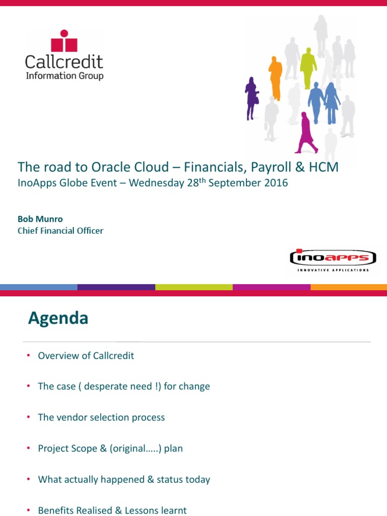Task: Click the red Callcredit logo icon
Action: (x=64, y=41)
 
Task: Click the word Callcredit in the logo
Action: (x=64, y=62)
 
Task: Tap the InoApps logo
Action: (x=333, y=259)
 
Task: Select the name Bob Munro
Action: (x=40, y=219)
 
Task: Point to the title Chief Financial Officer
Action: (x=60, y=231)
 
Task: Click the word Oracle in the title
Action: (x=110, y=167)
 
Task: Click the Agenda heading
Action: (x=58, y=318)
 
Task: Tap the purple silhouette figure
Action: (x=251, y=97)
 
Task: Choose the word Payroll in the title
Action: (x=273, y=167)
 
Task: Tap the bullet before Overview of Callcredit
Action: (x=29, y=356)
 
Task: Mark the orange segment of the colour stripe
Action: (x=349, y=287)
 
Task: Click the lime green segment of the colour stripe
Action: (x=193, y=287)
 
